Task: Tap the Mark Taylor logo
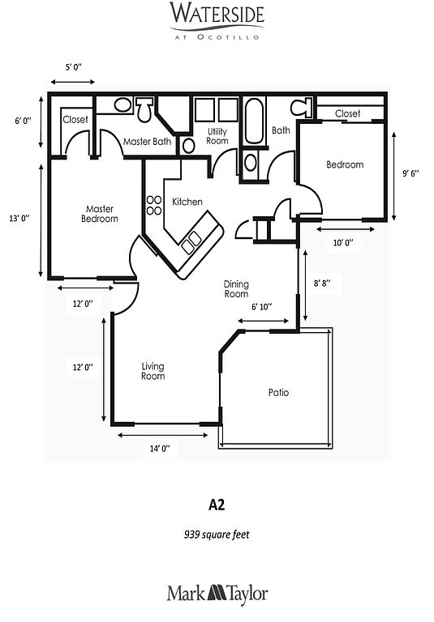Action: [x=217, y=594]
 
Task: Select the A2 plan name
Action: [x=217, y=505]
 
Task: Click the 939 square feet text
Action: [x=217, y=535]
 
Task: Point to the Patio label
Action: [x=278, y=392]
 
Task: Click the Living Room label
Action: [x=153, y=371]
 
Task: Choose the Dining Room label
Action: [x=236, y=289]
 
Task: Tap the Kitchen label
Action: [x=187, y=202]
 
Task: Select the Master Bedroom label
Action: [x=100, y=214]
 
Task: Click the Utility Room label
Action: [x=217, y=136]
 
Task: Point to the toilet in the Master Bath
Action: [x=144, y=109]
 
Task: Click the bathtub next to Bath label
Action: [x=254, y=121]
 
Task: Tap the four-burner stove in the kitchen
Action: [x=154, y=205]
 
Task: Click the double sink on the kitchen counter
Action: [x=191, y=242]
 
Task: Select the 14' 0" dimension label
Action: [x=160, y=448]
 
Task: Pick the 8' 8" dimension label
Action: [x=322, y=283]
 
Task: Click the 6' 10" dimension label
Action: [x=261, y=306]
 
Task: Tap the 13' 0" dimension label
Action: [x=19, y=218]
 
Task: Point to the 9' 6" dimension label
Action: [x=411, y=173]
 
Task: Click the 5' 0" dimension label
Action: [x=74, y=66]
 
